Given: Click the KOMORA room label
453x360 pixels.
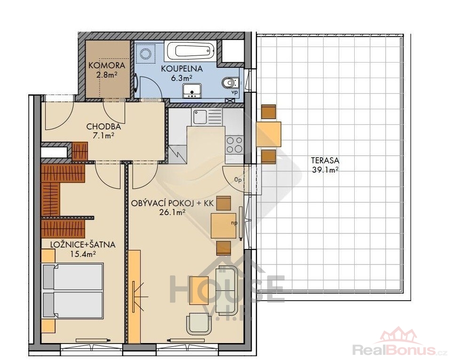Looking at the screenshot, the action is tap(107, 65).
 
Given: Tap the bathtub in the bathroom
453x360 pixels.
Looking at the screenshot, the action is tap(191, 50).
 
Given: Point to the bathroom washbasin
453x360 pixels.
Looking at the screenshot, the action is tap(192, 90).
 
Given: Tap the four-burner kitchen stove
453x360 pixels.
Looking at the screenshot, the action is tap(234, 144).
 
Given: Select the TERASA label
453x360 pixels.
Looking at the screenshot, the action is tap(325, 160).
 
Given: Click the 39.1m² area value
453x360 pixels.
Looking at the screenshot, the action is tap(325, 170).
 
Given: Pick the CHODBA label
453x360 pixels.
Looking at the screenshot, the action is tap(103, 127).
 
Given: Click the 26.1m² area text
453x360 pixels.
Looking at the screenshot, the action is tap(172, 212).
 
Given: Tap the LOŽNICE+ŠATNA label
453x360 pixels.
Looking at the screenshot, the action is tap(83, 245).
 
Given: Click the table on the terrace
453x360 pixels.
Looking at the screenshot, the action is tap(269, 134).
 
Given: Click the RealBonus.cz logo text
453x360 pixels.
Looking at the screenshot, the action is tap(400, 350).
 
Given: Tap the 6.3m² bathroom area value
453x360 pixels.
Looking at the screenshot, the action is tap(182, 78).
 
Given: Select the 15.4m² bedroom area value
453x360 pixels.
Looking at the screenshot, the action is tap(83, 254).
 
